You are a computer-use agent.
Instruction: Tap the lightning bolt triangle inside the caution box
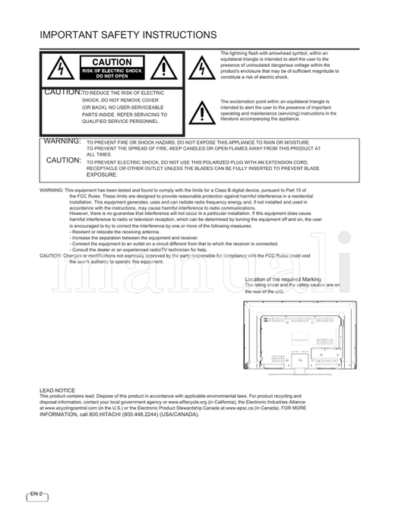click(x=57, y=69)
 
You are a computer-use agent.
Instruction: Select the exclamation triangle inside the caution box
click(x=164, y=69)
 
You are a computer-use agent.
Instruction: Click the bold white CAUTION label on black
click(x=112, y=62)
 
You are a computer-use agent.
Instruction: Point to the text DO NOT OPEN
click(x=112, y=77)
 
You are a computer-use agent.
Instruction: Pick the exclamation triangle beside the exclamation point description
click(x=201, y=112)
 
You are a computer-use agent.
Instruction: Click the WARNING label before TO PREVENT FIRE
click(x=62, y=142)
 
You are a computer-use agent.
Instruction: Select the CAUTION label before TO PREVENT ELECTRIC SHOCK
click(x=63, y=161)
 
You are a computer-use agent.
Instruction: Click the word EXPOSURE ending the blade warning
click(x=102, y=174)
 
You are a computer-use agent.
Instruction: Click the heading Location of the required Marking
click(x=283, y=279)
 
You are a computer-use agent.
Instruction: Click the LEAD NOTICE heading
click(x=57, y=390)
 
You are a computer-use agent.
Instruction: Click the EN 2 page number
click(x=37, y=494)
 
